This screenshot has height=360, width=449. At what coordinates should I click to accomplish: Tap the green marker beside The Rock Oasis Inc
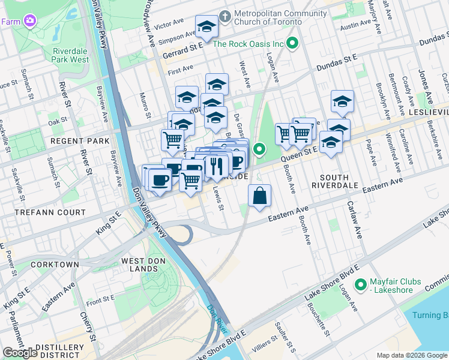(293, 43)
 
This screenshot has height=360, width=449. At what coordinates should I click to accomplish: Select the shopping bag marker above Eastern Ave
(259, 196)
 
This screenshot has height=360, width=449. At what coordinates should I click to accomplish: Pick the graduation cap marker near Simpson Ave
(206, 26)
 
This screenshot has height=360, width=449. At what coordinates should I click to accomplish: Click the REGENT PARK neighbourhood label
(80, 141)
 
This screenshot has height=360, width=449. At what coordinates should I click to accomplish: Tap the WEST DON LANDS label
(147, 261)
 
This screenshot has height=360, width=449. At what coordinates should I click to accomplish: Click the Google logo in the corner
(20, 353)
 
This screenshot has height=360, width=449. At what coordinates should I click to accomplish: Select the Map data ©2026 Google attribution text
(411, 355)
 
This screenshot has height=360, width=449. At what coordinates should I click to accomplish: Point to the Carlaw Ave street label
(354, 219)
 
